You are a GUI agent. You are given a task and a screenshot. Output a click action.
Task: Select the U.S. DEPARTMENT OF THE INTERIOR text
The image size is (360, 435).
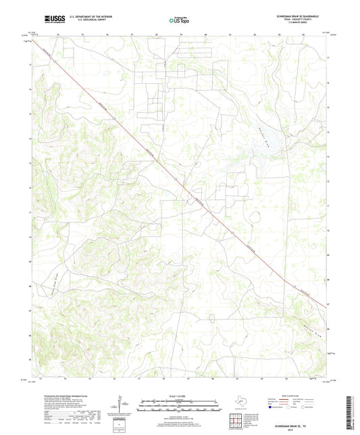(x=91, y=17)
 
